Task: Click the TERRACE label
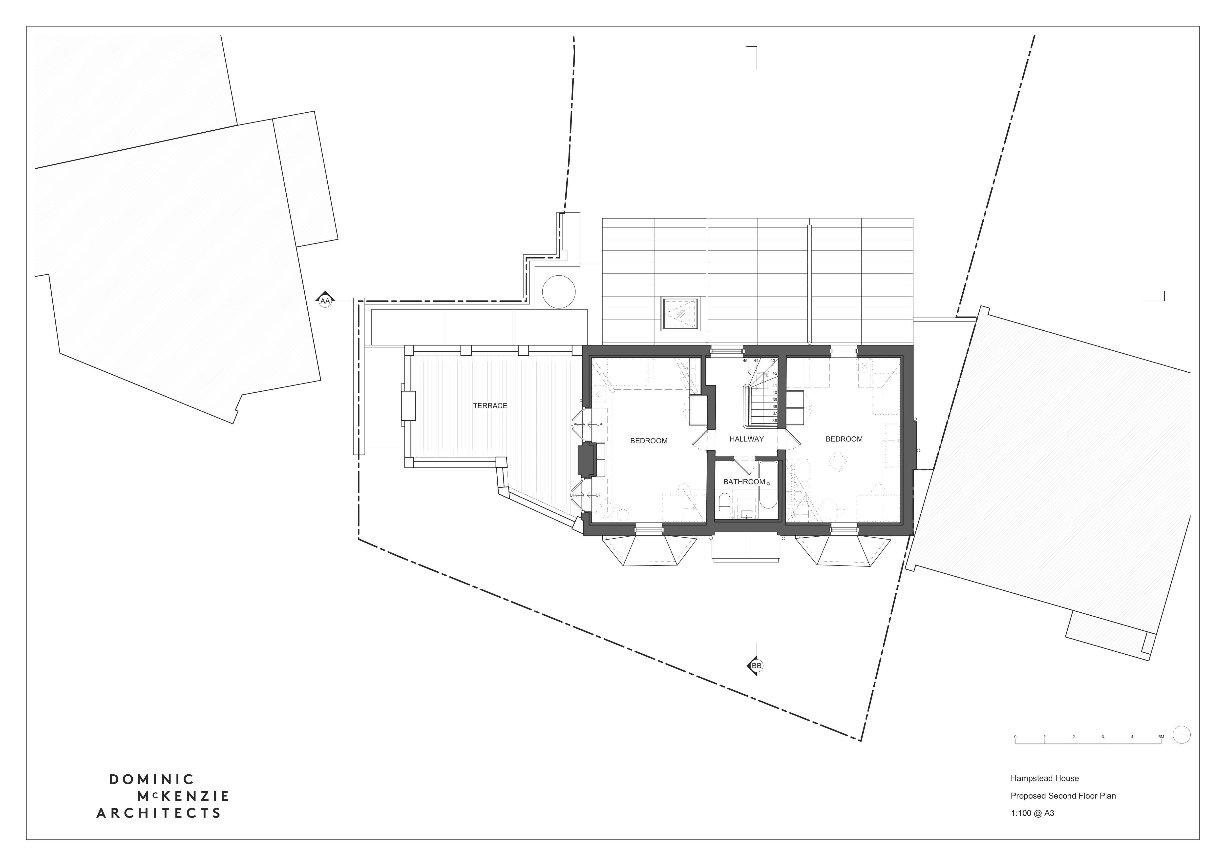(x=490, y=406)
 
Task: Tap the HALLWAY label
(x=746, y=439)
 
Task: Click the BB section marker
(x=756, y=666)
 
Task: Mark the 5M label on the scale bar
(x=1161, y=737)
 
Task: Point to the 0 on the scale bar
(x=1015, y=737)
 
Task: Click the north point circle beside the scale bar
(x=1182, y=735)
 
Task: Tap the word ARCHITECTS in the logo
(x=158, y=813)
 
